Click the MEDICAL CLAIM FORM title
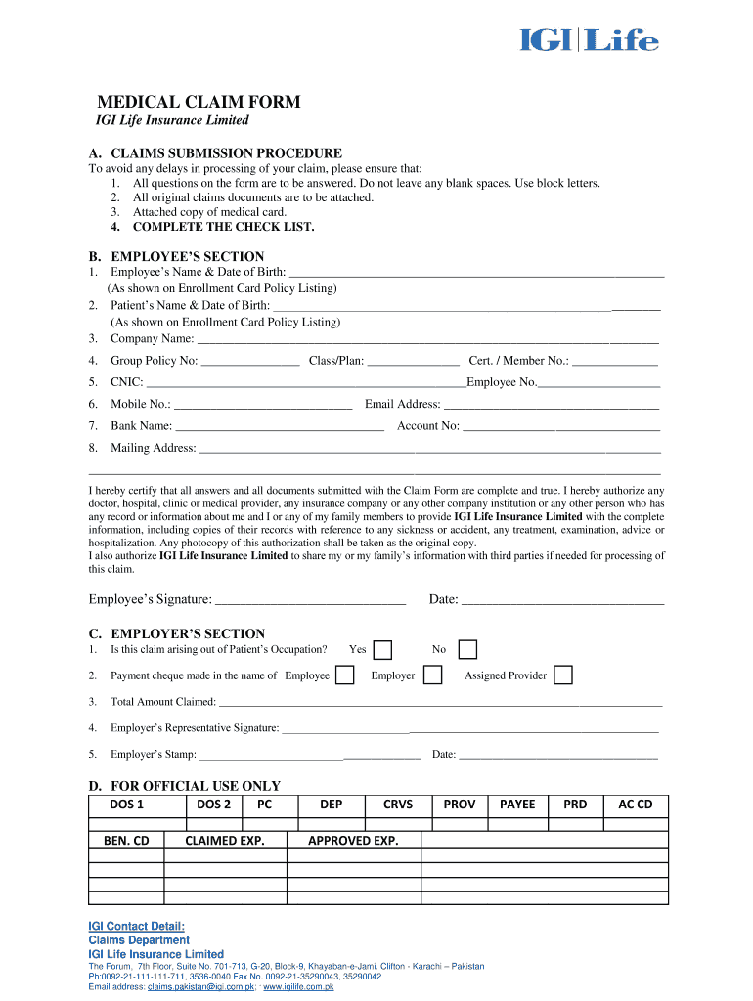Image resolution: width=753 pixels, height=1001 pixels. pyautogui.click(x=198, y=102)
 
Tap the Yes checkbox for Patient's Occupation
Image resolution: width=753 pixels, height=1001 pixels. pyautogui.click(x=384, y=650)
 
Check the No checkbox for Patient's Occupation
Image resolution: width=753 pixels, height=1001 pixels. pyautogui.click(x=468, y=650)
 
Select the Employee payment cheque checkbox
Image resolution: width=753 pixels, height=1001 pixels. pyautogui.click(x=344, y=675)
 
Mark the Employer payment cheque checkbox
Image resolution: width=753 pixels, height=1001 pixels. pyautogui.click(x=432, y=675)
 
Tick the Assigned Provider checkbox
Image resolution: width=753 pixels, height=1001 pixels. pyautogui.click(x=563, y=675)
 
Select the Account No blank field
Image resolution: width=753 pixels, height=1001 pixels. pyautogui.click(x=561, y=427)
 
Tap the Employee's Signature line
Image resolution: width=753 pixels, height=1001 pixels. pyautogui.click(x=310, y=600)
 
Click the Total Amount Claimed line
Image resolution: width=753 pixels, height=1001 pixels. pyautogui.click(x=440, y=703)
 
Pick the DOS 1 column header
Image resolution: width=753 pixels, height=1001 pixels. pyautogui.click(x=126, y=805)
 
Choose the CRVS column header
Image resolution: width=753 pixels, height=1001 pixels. pyautogui.click(x=398, y=805)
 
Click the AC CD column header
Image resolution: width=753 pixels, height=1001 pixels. pyautogui.click(x=635, y=805)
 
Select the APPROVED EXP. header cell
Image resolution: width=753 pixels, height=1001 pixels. pyautogui.click(x=353, y=840)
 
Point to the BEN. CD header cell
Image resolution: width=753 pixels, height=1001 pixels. pyautogui.click(x=126, y=840)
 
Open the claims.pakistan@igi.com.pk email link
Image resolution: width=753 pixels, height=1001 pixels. pyautogui.click(x=201, y=987)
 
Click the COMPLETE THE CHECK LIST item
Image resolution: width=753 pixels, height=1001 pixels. pyautogui.click(x=224, y=227)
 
